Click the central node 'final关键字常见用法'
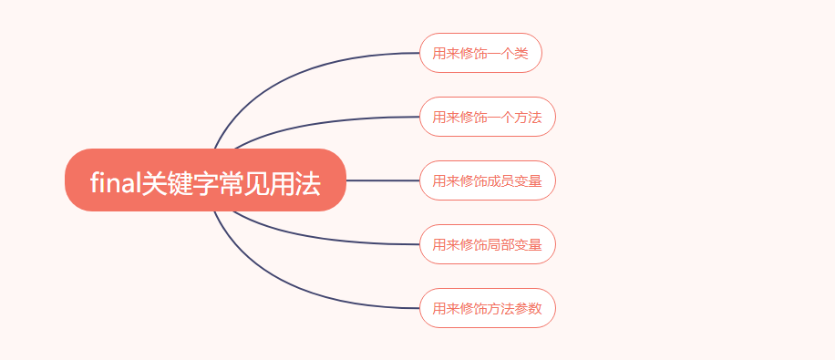coord(205,180)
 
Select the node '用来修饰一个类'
coord(480,53)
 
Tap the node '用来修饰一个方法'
coord(487,117)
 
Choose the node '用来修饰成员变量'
coord(487,180)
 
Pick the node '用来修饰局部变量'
coord(487,244)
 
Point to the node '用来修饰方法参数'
coord(487,308)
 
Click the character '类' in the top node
coord(521,54)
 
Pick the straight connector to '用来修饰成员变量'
coord(383,180)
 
